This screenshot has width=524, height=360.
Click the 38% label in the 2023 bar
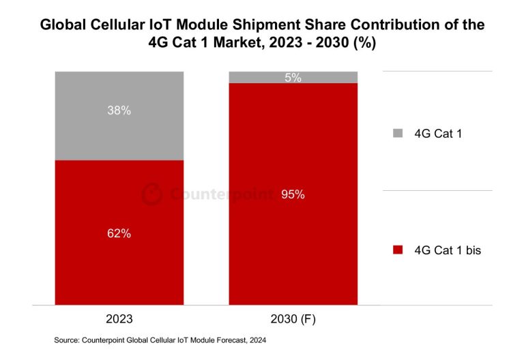click(x=119, y=110)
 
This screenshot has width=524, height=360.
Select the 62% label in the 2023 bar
click(x=119, y=233)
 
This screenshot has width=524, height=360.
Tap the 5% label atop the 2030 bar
click(x=293, y=78)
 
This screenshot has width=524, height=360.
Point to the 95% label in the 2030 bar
click(x=293, y=194)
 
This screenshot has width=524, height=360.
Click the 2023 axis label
click(x=119, y=319)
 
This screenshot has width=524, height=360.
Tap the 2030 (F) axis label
click(x=293, y=319)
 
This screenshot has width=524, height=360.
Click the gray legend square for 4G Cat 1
click(x=398, y=134)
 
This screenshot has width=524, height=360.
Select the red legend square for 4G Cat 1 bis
click(x=398, y=251)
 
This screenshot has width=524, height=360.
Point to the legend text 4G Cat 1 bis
click(x=448, y=251)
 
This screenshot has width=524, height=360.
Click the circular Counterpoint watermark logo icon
click(x=151, y=194)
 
